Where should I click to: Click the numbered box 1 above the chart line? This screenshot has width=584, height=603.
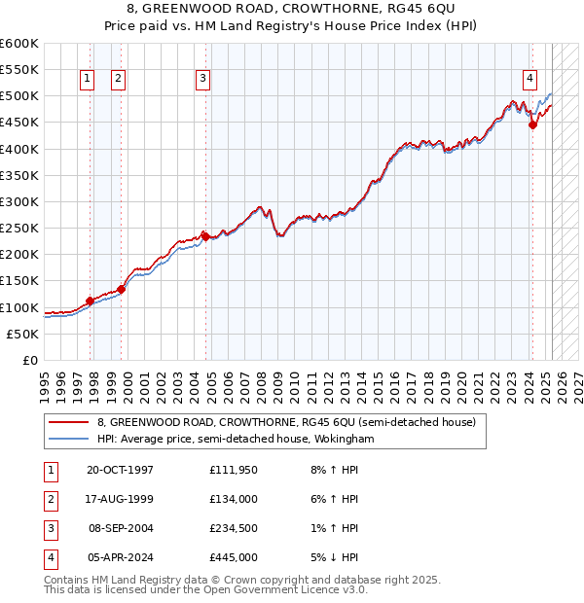tap(88, 79)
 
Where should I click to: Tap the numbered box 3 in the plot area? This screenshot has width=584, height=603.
tap(202, 79)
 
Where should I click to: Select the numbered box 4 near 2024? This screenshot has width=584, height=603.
tap(529, 79)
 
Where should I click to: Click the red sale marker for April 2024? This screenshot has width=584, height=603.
tap(532, 124)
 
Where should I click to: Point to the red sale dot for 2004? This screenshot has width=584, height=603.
tap(205, 235)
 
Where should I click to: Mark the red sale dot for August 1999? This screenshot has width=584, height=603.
tap(122, 289)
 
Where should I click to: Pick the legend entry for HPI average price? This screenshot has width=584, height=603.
tap(236, 440)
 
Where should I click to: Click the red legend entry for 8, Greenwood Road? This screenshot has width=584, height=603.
tap(285, 423)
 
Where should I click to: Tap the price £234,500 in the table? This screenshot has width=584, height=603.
tap(233, 530)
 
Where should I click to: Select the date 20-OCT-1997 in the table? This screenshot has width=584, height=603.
tap(120, 470)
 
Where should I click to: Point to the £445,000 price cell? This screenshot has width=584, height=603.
tap(233, 559)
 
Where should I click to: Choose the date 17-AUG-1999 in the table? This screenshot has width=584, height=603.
tap(120, 500)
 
